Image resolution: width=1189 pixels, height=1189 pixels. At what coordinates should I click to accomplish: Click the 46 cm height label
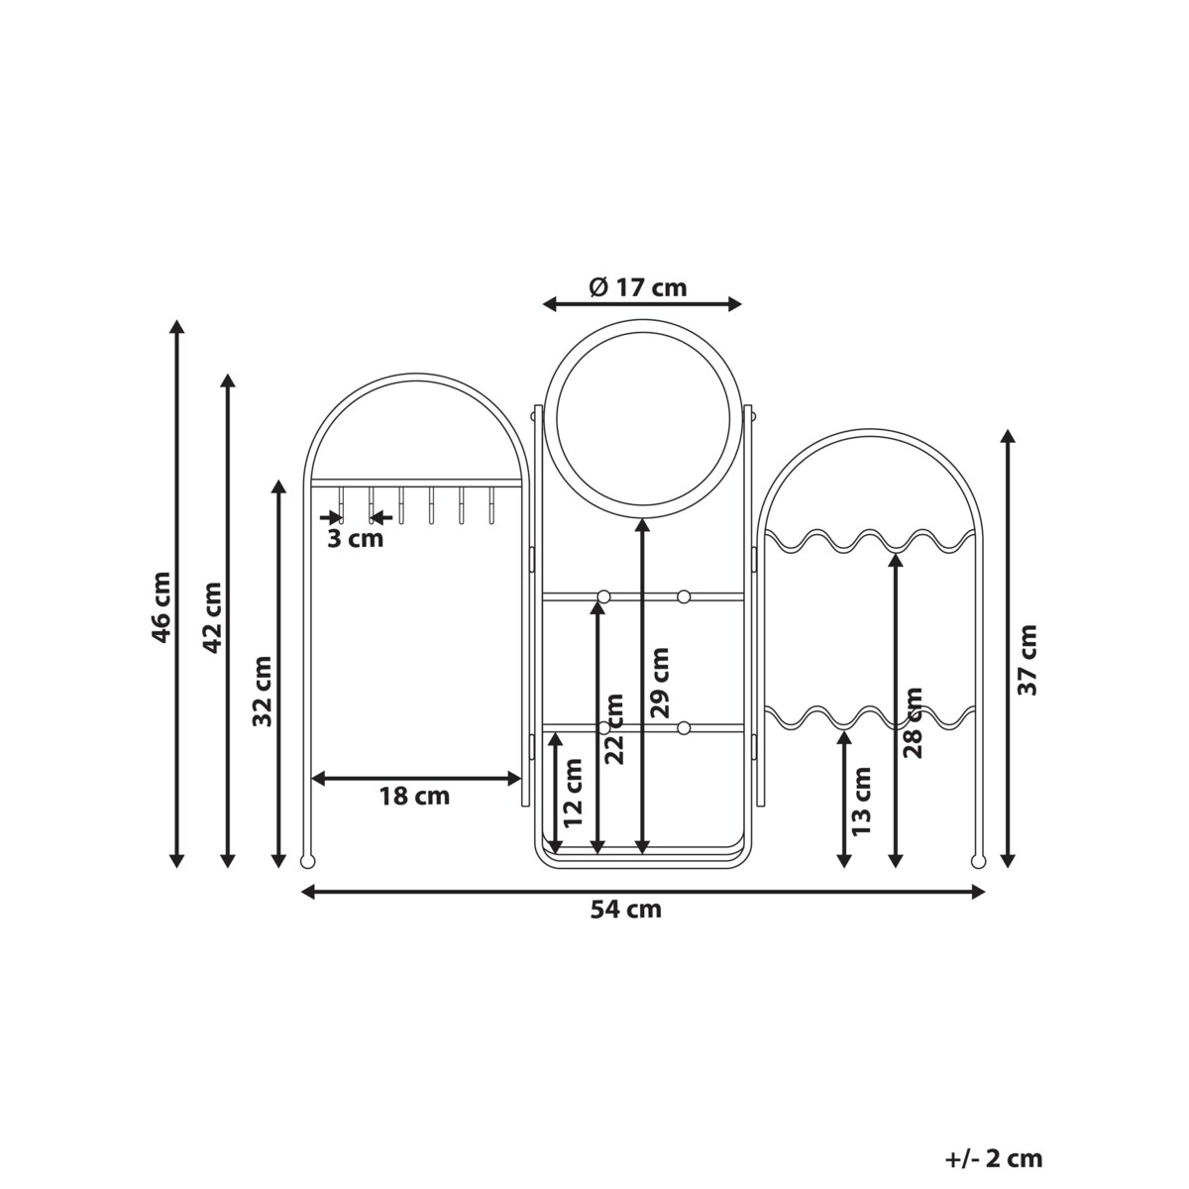162,607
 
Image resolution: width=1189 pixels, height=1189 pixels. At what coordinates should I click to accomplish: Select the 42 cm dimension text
212,617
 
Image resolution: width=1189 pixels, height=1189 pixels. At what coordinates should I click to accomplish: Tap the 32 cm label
263,691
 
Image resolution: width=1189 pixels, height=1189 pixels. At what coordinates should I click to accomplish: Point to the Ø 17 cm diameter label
637,287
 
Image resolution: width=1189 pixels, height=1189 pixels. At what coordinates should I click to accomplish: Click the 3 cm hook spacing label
355,539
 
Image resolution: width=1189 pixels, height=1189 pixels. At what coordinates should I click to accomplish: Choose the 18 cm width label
414,796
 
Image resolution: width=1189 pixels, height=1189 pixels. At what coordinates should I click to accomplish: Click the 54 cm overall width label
625,910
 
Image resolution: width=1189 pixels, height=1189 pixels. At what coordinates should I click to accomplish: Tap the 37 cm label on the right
1027,660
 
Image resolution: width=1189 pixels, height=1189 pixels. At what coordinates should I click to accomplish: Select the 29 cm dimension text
660,683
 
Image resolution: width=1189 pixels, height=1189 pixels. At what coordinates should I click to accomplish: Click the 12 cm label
574,793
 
